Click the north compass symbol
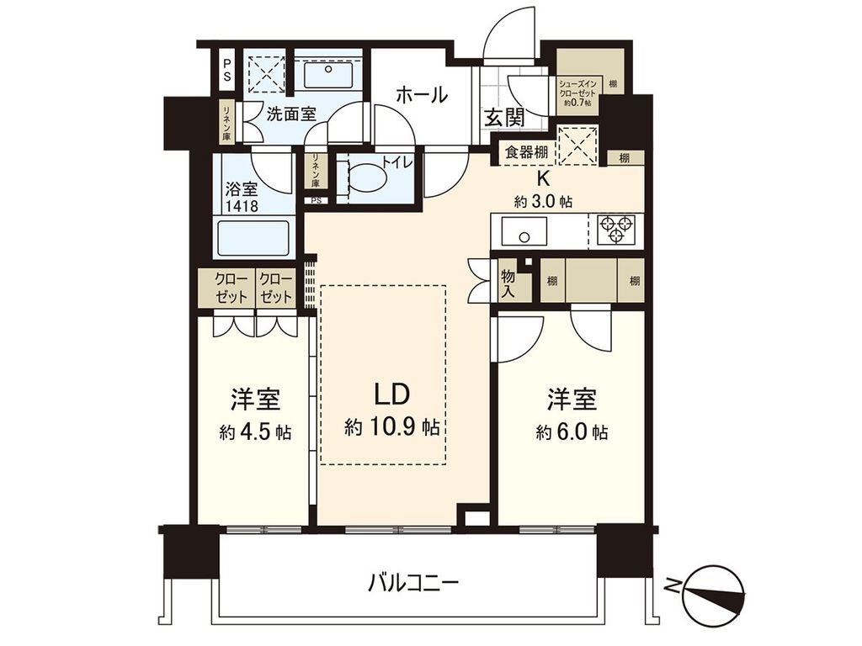tap(714, 590)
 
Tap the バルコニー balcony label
tap(412, 581)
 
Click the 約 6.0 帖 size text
tap(572, 433)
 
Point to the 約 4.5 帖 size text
tap(255, 433)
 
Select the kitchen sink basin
tap(524, 230)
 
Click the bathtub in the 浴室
tap(253, 238)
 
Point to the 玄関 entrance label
tap(504, 118)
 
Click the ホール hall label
tap(421, 95)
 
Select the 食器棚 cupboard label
tap(525, 153)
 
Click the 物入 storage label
tap(508, 283)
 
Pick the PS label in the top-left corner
tap(228, 69)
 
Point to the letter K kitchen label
tap(545, 178)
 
